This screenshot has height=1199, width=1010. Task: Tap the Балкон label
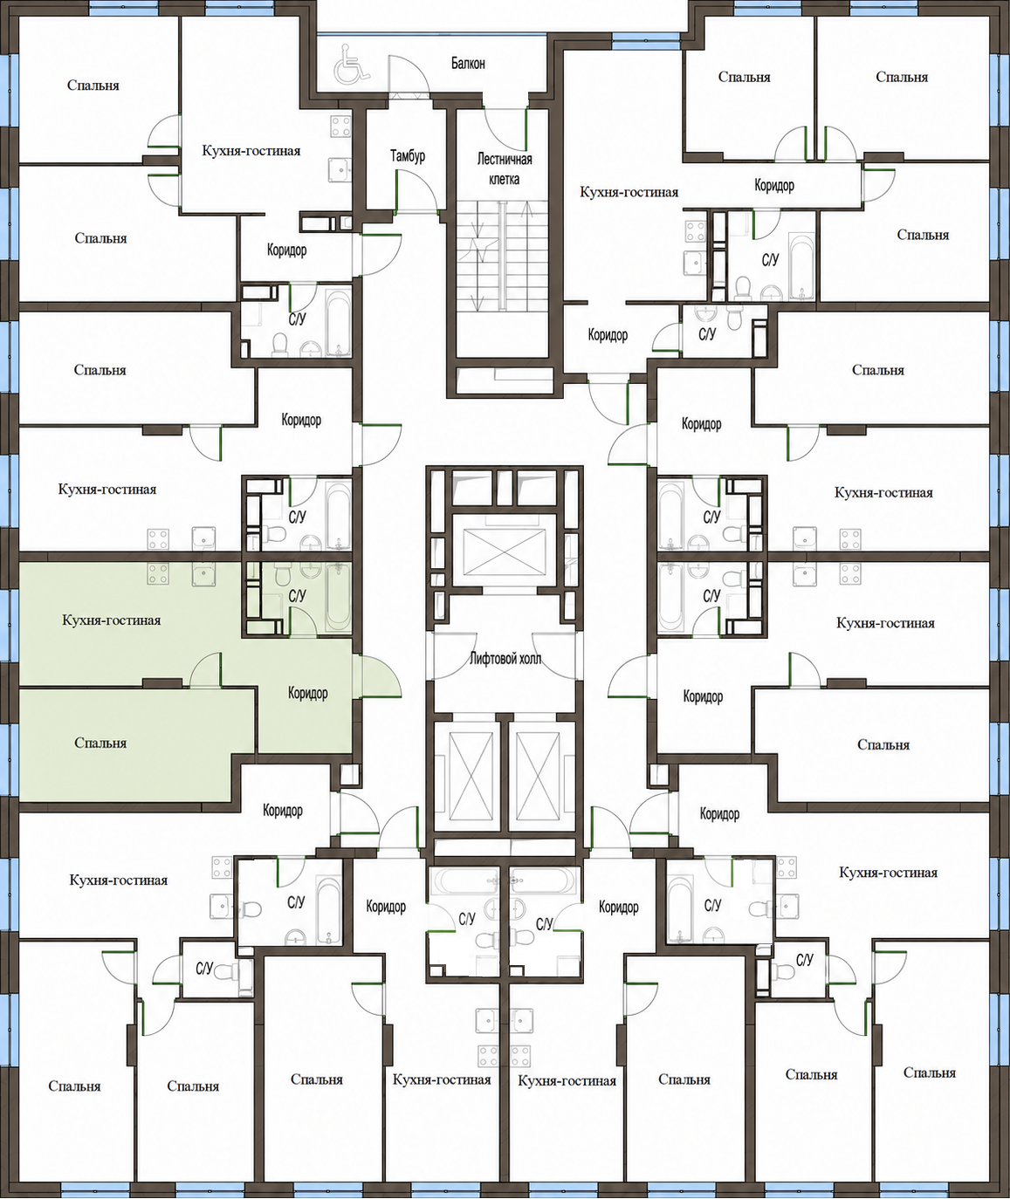click(468, 63)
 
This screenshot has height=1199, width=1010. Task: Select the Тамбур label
click(408, 155)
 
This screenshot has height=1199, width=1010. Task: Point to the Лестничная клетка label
click(505, 168)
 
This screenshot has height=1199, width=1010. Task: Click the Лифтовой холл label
click(505, 659)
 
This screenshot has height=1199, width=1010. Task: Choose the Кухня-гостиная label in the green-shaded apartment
click(112, 620)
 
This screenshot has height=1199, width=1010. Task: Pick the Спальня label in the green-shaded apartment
click(100, 743)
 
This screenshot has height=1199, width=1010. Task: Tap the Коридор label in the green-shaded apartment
click(308, 693)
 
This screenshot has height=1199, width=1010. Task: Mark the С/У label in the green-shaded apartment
click(297, 595)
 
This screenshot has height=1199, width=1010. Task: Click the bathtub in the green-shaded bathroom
click(338, 596)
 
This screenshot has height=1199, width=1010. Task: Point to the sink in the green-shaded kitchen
click(203, 573)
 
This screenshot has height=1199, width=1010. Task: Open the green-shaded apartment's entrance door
click(377, 676)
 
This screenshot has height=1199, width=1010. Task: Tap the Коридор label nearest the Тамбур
click(286, 250)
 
